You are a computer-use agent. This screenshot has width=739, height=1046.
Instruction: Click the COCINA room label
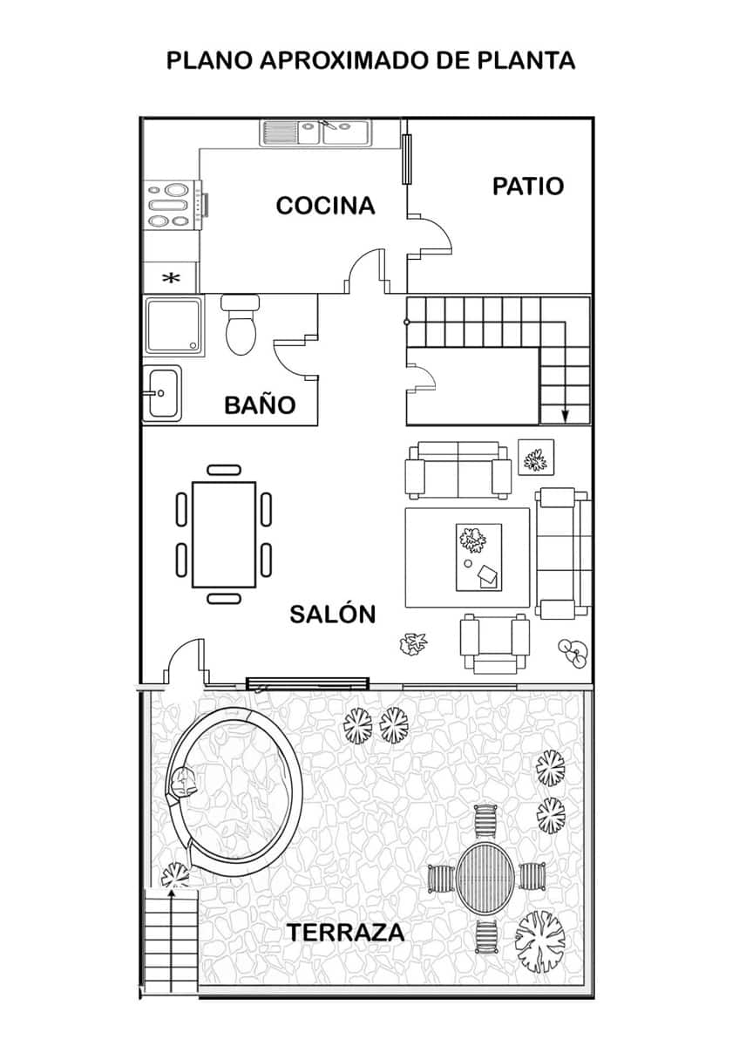325,206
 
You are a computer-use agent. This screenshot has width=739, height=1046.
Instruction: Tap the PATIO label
528,186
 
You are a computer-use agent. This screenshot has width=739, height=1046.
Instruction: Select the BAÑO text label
260,404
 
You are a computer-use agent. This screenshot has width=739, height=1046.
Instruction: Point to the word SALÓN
332,614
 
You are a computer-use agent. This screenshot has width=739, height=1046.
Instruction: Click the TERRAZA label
346,932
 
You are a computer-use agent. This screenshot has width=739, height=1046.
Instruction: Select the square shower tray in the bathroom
174,327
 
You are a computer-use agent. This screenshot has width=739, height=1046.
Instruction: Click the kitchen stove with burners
171,205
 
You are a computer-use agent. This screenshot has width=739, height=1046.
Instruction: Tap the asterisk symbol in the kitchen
172,278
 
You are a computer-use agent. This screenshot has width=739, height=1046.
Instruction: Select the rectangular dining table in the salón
224,534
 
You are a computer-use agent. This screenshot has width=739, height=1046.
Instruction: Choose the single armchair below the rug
495,642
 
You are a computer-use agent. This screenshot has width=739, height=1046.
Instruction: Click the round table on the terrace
486,876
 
